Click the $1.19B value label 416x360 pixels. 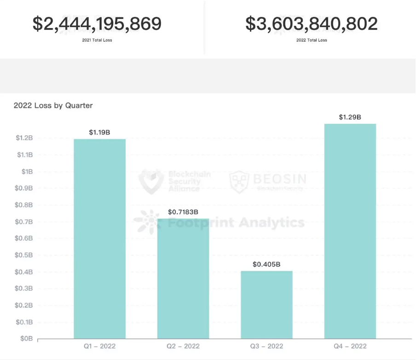[99, 132]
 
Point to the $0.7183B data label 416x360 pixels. [183, 212]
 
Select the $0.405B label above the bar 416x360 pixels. [266, 264]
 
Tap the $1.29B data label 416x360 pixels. [350, 117]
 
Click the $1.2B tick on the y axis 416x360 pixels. [24, 138]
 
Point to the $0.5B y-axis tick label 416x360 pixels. [24, 255]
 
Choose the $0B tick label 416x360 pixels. [26, 339]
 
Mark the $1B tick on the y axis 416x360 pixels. [27, 171]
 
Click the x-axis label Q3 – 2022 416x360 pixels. [266, 346]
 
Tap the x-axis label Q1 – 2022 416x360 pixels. [99, 346]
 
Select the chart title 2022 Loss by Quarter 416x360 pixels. [53, 105]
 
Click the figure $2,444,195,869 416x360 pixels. [97, 24]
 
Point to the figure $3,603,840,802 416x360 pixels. [312, 24]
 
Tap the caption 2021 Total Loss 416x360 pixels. [97, 40]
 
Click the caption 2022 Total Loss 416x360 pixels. [312, 40]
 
